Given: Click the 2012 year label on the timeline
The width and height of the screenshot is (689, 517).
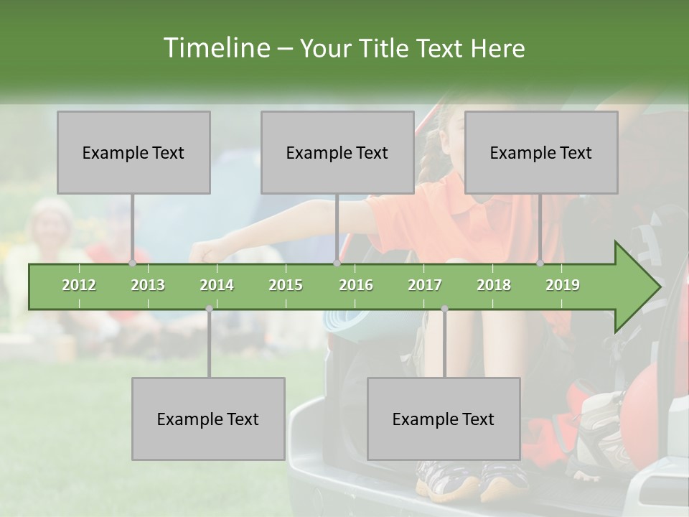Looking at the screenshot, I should click(x=79, y=285).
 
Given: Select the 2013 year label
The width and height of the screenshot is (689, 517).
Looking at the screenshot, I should click(x=148, y=285).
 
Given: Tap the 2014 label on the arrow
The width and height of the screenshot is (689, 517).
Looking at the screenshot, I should click(x=217, y=285).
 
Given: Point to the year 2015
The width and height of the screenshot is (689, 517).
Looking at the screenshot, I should click(x=286, y=285).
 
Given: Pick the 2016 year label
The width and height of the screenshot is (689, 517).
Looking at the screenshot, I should click(x=356, y=285).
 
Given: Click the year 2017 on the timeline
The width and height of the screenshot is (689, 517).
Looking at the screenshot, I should click(x=425, y=285).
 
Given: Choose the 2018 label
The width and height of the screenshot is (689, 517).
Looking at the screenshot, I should click(x=494, y=285).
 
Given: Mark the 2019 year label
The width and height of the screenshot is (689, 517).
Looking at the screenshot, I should click(x=563, y=285).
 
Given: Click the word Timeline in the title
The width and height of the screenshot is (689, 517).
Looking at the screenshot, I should click(x=215, y=48).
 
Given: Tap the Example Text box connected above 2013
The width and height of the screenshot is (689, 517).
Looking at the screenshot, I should click(x=133, y=152).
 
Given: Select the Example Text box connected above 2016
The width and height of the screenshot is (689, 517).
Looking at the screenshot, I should click(x=337, y=152).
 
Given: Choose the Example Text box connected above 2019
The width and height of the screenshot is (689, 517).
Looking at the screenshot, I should click(x=541, y=152).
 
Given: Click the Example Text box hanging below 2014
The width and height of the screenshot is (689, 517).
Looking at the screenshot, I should click(x=208, y=419).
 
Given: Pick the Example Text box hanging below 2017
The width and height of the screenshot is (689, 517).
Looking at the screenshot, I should click(x=444, y=419).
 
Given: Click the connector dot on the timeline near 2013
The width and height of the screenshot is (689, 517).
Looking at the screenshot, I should click(x=133, y=264).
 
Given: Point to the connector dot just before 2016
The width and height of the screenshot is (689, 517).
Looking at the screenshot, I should click(x=337, y=264).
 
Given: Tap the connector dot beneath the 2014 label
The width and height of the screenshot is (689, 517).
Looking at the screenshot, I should click(x=209, y=309).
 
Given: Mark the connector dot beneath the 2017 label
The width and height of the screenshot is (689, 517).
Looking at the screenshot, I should click(x=444, y=309).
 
